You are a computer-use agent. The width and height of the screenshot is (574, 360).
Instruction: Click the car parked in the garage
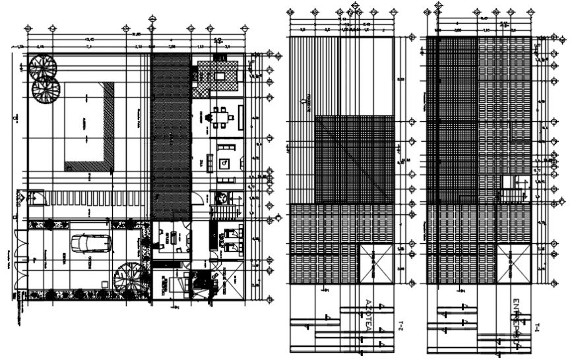tap(88, 243)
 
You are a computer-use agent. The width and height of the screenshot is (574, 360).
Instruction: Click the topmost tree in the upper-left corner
tap(42, 67)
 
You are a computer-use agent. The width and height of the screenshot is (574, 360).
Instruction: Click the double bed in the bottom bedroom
tap(170, 284)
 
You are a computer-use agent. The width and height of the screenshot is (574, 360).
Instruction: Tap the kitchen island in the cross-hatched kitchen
tap(220, 76)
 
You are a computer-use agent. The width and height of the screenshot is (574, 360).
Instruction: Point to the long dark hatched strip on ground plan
tap(172, 135)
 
